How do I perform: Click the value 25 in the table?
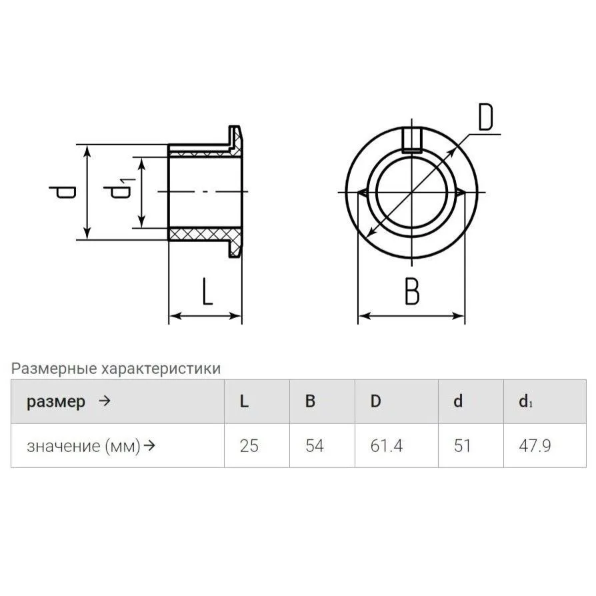(x=249, y=445)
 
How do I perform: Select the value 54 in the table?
(x=315, y=445)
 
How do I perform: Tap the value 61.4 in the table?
(x=386, y=445)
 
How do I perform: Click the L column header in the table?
(x=244, y=401)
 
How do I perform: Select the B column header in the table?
(x=310, y=401)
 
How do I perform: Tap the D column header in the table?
(x=375, y=401)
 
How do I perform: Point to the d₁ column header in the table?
(x=526, y=401)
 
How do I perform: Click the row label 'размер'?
(x=56, y=402)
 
